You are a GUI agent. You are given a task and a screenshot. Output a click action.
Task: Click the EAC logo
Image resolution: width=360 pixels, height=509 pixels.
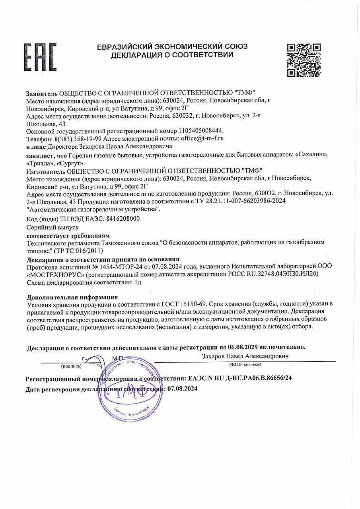tap(40, 57)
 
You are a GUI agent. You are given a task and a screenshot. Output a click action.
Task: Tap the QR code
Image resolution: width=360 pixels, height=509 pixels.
tap(304, 60)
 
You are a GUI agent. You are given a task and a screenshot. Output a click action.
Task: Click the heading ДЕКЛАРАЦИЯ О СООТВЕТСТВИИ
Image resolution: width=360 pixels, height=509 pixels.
tap(172, 55)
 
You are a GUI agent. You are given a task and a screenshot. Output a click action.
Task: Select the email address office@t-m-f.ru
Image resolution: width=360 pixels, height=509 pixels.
tap(202, 138)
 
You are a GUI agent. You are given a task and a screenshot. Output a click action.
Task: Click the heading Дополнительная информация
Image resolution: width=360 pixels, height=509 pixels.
tap(72, 297)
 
